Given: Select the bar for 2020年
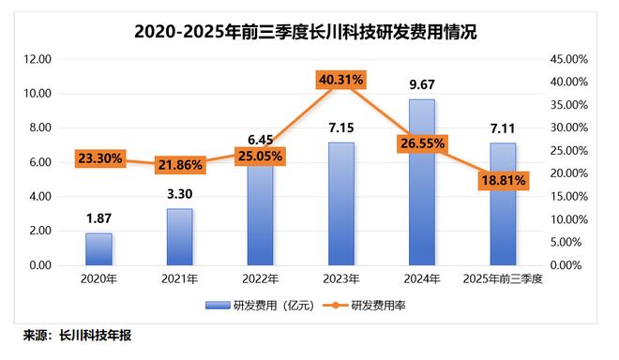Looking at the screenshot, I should click(98, 249).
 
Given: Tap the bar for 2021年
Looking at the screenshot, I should click(179, 237).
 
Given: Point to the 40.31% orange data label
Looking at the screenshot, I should click(341, 81).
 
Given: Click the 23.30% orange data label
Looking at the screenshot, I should click(99, 158).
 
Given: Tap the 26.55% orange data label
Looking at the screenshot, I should click(422, 143).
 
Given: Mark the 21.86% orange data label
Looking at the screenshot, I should click(180, 165).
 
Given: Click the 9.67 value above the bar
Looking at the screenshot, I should click(422, 84).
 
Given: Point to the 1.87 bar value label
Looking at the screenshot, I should click(98, 218).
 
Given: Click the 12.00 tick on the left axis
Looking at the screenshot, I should click(38, 59).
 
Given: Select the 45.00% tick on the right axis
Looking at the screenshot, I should click(566, 59).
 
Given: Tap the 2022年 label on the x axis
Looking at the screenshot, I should click(261, 280).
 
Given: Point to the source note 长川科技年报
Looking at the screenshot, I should click(94, 335).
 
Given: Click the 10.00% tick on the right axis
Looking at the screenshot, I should click(566, 219).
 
